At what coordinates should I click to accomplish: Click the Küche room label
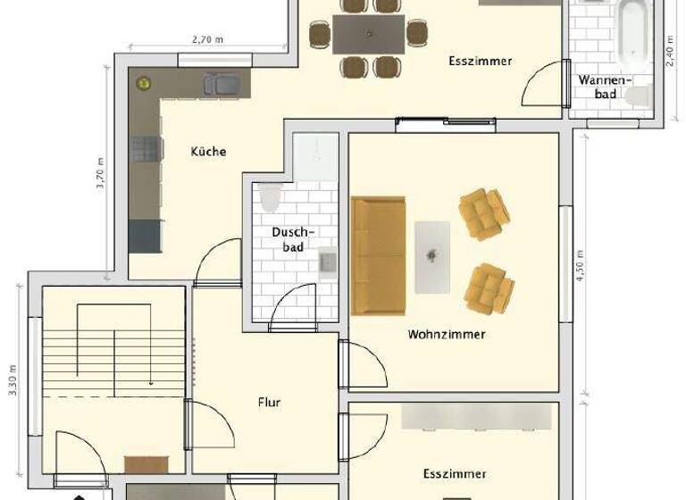(208, 152)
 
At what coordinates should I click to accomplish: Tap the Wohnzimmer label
(447, 335)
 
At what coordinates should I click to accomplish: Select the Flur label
(268, 403)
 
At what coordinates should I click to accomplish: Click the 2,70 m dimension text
(207, 39)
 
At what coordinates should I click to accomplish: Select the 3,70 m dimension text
(101, 173)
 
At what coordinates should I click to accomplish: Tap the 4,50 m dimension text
(580, 265)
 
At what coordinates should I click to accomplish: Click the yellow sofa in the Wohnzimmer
(379, 255)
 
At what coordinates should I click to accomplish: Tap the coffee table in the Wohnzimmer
(433, 256)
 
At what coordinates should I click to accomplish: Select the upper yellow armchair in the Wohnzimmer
(484, 213)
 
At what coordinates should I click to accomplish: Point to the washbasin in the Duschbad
(327, 262)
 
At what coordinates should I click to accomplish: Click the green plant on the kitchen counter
(142, 83)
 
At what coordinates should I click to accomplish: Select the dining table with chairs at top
(368, 36)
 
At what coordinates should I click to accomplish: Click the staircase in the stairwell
(112, 357)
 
